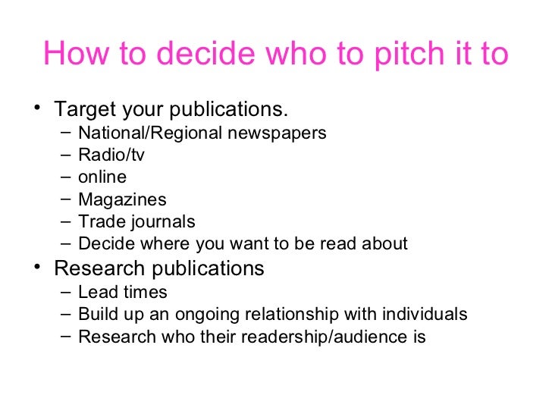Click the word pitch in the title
click(401, 53)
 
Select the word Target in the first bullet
click(84, 109)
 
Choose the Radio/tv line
click(111, 155)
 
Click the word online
click(102, 177)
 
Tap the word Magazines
click(122, 200)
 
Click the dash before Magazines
click(66, 199)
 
